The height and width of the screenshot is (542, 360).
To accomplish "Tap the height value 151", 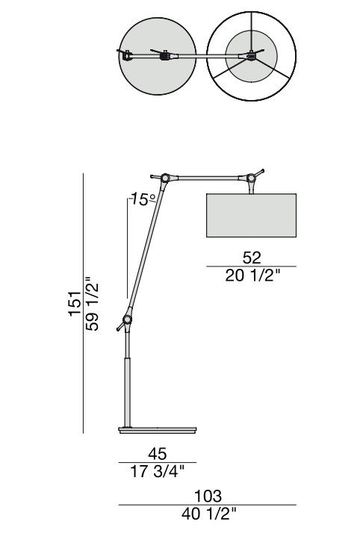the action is click(75, 304).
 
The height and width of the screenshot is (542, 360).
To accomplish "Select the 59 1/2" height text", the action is click(93, 304).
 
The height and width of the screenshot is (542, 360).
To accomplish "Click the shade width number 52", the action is click(252, 258).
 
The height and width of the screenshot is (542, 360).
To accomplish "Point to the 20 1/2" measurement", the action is click(252, 275).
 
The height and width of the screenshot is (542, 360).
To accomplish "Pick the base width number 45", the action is click(158, 453).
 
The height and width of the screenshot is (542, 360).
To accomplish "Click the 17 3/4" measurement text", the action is click(158, 471).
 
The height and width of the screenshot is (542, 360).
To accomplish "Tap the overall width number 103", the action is click(208, 496).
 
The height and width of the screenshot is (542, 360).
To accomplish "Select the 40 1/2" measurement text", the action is click(208, 514).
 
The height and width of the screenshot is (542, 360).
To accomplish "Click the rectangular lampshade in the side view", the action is click(252, 215).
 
